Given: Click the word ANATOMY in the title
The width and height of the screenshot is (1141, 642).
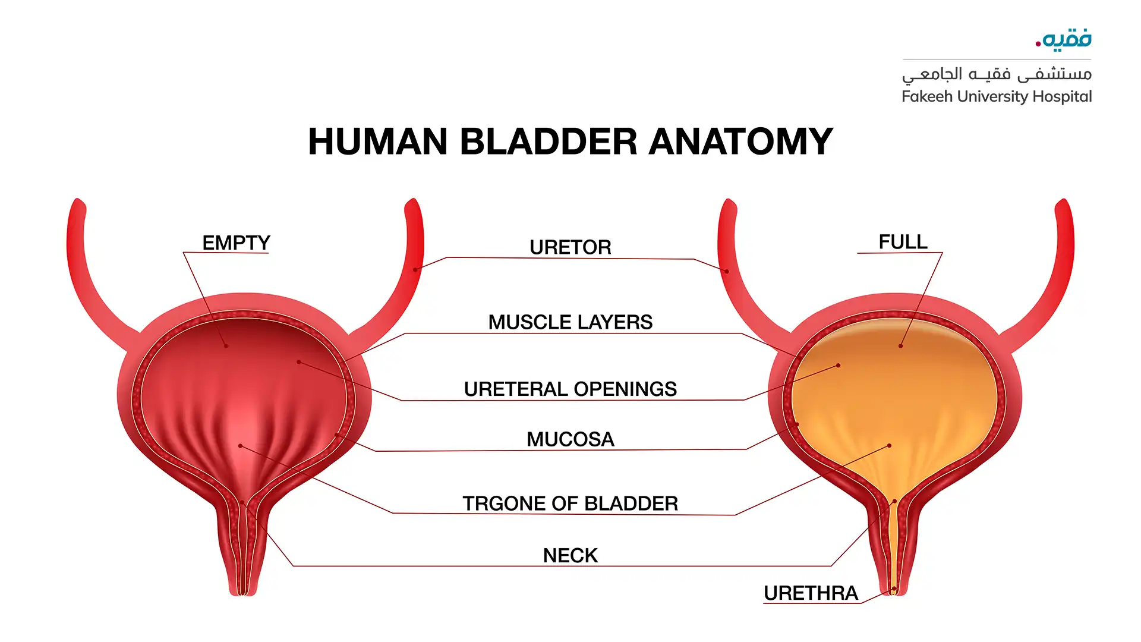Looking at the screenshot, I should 740,141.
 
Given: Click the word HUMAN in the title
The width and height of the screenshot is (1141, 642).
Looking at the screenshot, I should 377,141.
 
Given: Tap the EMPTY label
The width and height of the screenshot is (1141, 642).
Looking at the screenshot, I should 236,243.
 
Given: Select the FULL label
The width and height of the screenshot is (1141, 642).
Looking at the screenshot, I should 903,242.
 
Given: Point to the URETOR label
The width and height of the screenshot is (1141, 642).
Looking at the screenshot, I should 570,247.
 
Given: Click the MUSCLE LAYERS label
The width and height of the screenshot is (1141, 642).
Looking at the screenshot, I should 570,322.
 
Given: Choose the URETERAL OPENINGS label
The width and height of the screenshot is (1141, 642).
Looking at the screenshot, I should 570,389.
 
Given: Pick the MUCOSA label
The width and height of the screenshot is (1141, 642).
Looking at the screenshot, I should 570,439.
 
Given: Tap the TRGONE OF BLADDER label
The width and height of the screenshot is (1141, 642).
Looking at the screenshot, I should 570,503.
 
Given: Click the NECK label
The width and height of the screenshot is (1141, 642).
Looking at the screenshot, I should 570,555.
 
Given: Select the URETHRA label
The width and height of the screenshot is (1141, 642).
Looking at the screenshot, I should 811,593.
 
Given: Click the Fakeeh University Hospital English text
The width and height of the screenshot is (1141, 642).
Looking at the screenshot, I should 997,96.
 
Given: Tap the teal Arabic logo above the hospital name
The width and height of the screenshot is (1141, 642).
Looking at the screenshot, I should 1064,39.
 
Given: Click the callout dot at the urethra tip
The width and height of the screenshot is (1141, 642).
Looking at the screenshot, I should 894,589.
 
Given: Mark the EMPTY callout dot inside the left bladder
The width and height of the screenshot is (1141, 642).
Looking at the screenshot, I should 226,345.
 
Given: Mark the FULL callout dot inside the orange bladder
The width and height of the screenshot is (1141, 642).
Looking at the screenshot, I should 901,345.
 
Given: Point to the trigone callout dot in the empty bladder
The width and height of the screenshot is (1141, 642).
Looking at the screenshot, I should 240,445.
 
